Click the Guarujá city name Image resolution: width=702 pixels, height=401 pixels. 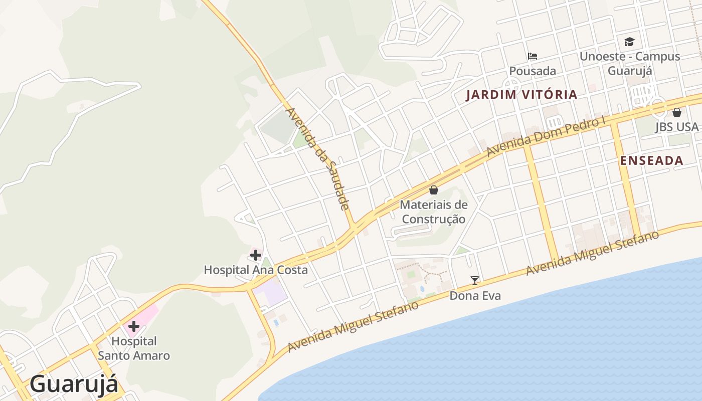tap(74, 384)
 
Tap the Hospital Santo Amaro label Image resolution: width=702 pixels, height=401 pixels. tap(134, 348)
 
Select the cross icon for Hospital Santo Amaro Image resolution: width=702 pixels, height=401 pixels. tap(134, 326)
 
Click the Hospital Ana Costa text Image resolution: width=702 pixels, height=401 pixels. tap(256, 270)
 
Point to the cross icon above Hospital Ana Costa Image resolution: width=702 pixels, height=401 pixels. tap(256, 255)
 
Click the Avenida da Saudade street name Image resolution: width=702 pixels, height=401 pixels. tap(317, 158)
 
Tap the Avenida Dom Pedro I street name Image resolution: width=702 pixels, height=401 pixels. tap(546, 136)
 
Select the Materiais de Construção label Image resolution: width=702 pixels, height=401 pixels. tap(434, 212)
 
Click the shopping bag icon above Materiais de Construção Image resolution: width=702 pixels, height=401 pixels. tap(434, 190)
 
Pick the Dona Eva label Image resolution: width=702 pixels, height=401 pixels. tap(475, 296)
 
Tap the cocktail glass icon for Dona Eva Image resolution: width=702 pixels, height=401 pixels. tap(475, 281)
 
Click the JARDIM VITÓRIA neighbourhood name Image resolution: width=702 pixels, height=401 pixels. tap(521, 94)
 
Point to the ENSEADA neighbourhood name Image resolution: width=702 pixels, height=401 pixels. tap(651, 160)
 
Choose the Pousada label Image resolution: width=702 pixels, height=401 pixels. tap(533, 71)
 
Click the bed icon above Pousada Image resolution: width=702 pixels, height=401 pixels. tap(533, 56)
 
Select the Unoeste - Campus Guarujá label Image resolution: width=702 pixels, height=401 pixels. tap(630, 63)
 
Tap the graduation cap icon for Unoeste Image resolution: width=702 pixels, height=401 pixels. tap(629, 42)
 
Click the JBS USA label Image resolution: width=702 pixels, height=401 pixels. tap(676, 127)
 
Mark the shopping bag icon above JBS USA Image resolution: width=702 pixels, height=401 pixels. tap(676, 112)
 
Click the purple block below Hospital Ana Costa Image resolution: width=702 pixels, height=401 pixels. tap(270, 292)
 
